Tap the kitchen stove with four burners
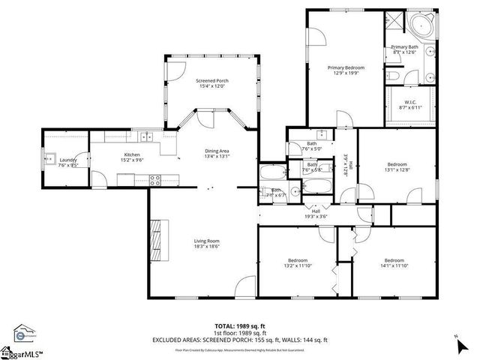pyautogui.click(x=156, y=179)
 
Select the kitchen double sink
pyautogui.click(x=146, y=136)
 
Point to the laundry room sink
pyautogui.click(x=52, y=159)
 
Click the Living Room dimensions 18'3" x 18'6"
pyautogui.click(x=207, y=244)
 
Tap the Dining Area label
pyautogui.click(x=217, y=151)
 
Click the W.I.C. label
pyautogui.click(x=410, y=101)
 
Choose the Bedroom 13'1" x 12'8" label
pyautogui.click(x=397, y=166)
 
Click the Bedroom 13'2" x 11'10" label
pyautogui.click(x=296, y=262)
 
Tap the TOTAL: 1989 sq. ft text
pyautogui.click(x=240, y=327)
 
